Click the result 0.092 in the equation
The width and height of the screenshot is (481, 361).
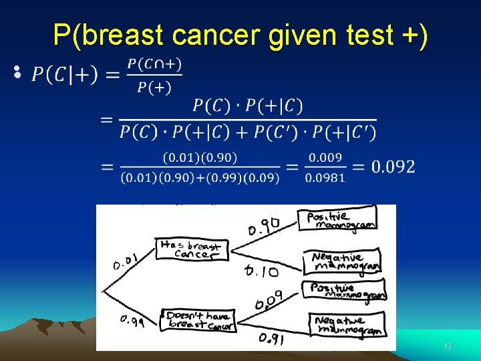(393, 166)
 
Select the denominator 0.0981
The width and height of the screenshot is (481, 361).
(325, 177)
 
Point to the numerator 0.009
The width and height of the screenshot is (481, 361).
(325, 158)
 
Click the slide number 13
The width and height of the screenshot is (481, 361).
(448, 346)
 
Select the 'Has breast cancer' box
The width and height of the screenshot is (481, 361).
(190, 249)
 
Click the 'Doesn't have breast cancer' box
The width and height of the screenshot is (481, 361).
(198, 320)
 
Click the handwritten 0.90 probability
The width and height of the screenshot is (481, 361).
(263, 227)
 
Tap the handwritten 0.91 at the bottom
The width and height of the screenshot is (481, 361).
(273, 338)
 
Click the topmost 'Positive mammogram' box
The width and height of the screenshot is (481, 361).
(339, 219)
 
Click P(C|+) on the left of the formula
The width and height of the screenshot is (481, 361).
(65, 75)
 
